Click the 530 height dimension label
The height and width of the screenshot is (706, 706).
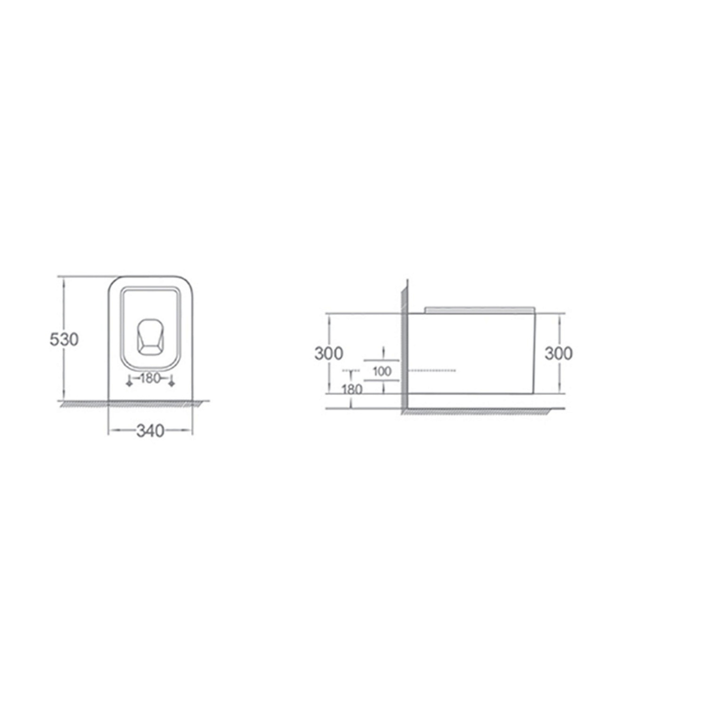(x=64, y=339)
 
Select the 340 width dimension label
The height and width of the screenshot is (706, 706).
(x=150, y=430)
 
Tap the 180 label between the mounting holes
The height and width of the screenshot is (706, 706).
(x=150, y=378)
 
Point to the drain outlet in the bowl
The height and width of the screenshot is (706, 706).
(x=150, y=336)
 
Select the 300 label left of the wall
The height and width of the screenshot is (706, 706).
(x=329, y=353)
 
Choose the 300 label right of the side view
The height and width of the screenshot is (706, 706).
(x=559, y=353)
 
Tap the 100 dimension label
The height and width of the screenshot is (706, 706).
(x=382, y=371)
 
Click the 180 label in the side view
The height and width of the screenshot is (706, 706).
(x=352, y=389)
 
